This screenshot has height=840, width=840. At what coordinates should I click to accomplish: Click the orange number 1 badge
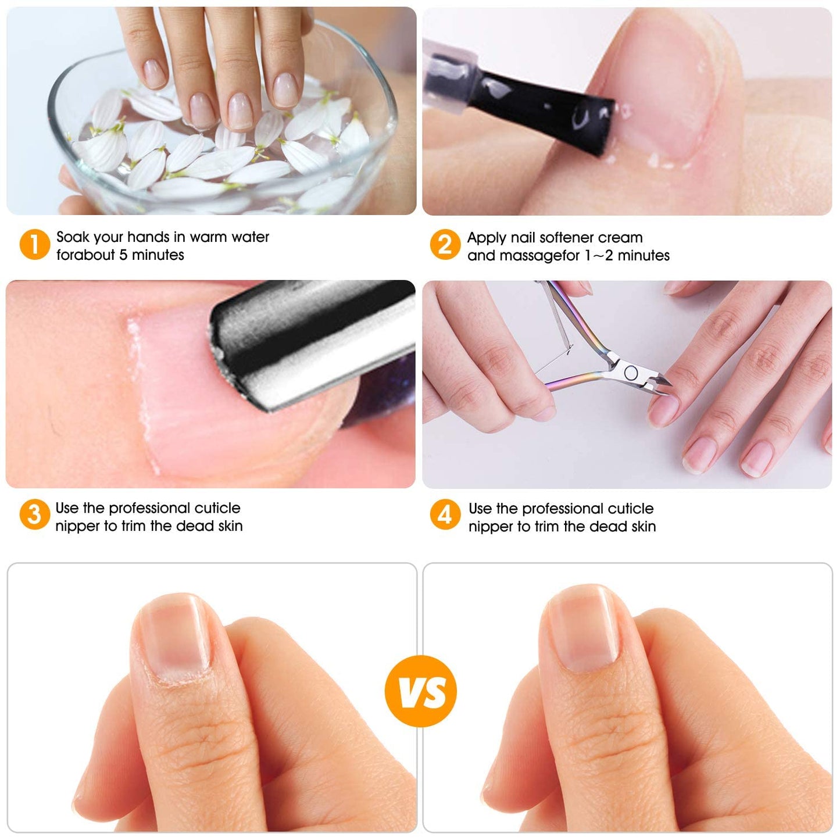(x=34, y=245)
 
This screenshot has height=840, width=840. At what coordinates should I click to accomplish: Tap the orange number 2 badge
(x=445, y=245)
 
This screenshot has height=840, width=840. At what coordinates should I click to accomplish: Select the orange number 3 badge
(x=34, y=515)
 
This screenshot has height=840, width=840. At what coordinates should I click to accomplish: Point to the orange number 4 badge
(x=445, y=515)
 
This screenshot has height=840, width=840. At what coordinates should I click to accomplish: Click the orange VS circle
(x=421, y=691)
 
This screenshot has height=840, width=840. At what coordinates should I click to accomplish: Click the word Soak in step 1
(x=73, y=237)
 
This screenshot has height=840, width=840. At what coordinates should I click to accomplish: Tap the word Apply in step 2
(x=487, y=238)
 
